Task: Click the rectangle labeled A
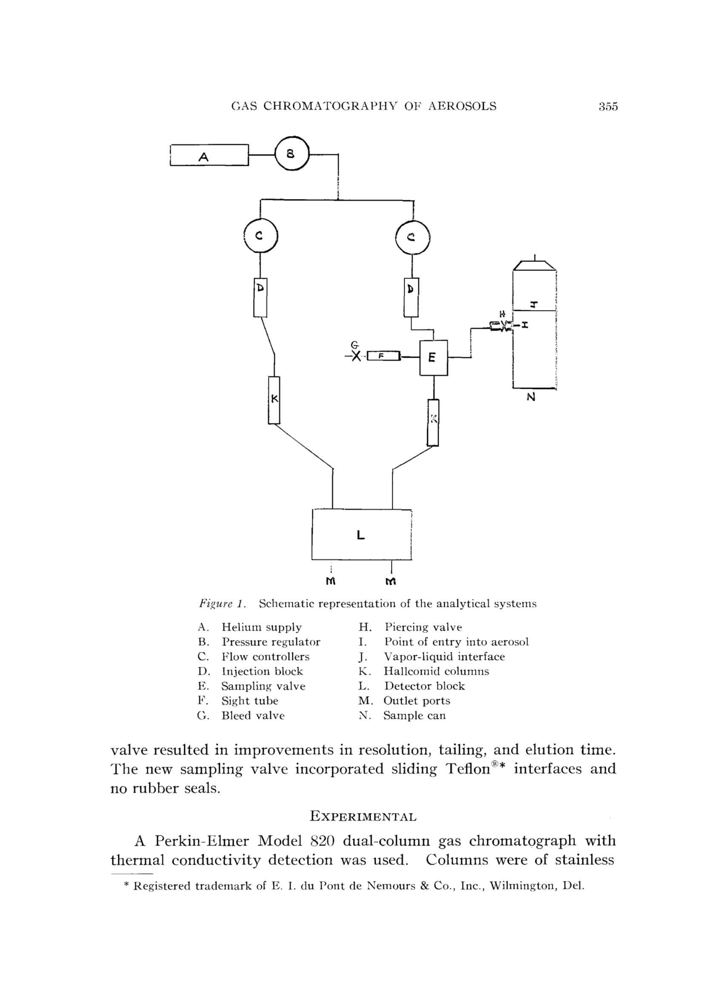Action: point(209,155)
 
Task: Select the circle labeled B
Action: point(292,154)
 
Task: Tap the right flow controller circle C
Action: point(412,237)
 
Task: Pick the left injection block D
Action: point(260,297)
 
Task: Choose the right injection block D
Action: point(411,297)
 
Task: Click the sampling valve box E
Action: point(434,358)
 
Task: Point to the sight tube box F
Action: point(383,356)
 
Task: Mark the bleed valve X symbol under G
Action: point(356,356)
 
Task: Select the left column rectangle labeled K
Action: point(274,400)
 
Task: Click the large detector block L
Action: point(361,534)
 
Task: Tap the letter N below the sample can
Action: point(531,397)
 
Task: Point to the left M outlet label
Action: point(331,581)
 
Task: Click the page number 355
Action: point(608,107)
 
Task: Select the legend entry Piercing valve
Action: point(423,627)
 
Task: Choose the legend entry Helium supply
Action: point(261,627)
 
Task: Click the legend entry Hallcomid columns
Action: point(436,671)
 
